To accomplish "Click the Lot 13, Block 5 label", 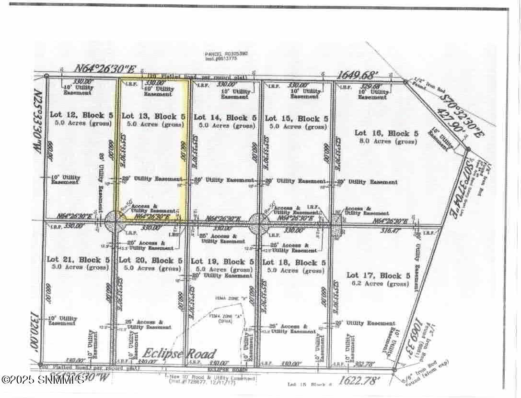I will pyautogui.click(x=153, y=116).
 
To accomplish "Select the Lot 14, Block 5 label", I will pyautogui.click(x=224, y=117).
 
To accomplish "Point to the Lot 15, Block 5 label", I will pyautogui.click(x=296, y=118).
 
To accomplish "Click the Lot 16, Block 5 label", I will pyautogui.click(x=386, y=133).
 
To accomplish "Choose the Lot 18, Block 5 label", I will pyautogui.click(x=294, y=263).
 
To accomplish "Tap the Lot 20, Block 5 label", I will pyautogui.click(x=150, y=261).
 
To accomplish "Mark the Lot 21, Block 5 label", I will pyautogui.click(x=78, y=259).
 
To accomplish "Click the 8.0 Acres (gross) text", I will pyautogui.click(x=386, y=141).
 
